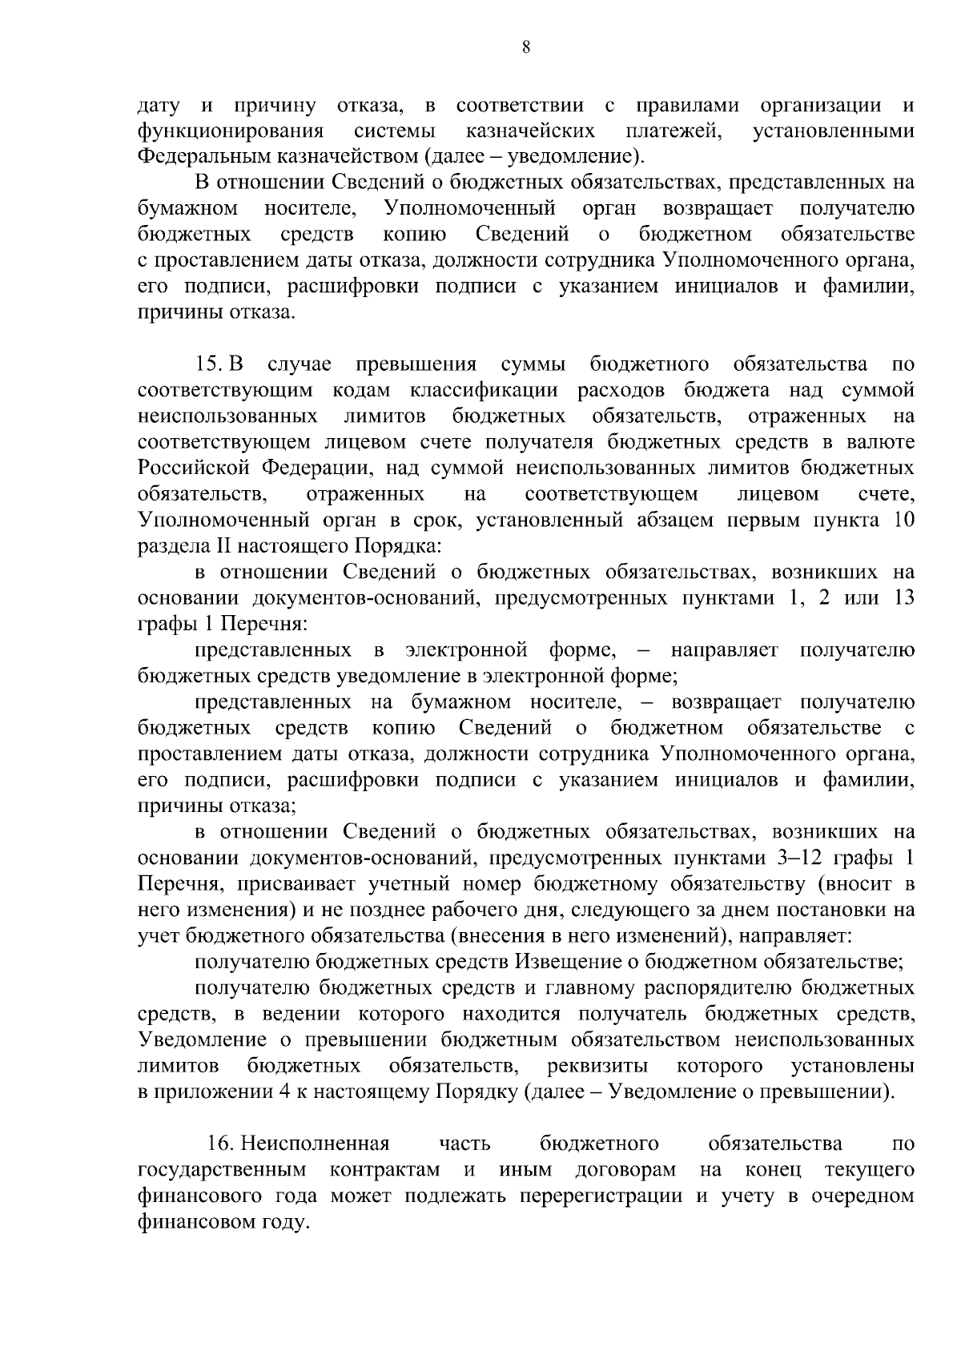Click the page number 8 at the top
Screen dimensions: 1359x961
pos(526,46)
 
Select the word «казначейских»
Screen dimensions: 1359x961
pos(529,131)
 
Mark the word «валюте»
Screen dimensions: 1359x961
pos(879,442)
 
